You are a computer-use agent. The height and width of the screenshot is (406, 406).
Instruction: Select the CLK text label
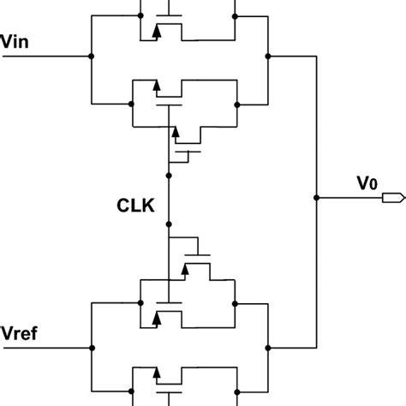click(x=136, y=206)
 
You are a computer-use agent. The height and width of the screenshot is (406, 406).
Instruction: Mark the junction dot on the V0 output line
click(x=318, y=198)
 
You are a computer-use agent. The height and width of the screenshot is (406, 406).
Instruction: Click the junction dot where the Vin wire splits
click(x=91, y=57)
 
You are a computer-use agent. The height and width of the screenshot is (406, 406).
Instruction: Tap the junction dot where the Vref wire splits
click(x=91, y=348)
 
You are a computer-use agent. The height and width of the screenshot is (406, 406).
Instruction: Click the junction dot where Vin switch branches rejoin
click(x=268, y=57)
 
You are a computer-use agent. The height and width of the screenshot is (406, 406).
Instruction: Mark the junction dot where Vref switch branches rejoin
click(x=268, y=348)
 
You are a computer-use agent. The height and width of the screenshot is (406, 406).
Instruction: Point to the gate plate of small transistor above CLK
click(x=189, y=151)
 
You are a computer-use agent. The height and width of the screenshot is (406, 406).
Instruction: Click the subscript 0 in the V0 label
click(x=374, y=184)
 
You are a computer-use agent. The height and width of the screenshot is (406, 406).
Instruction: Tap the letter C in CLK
click(x=122, y=206)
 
